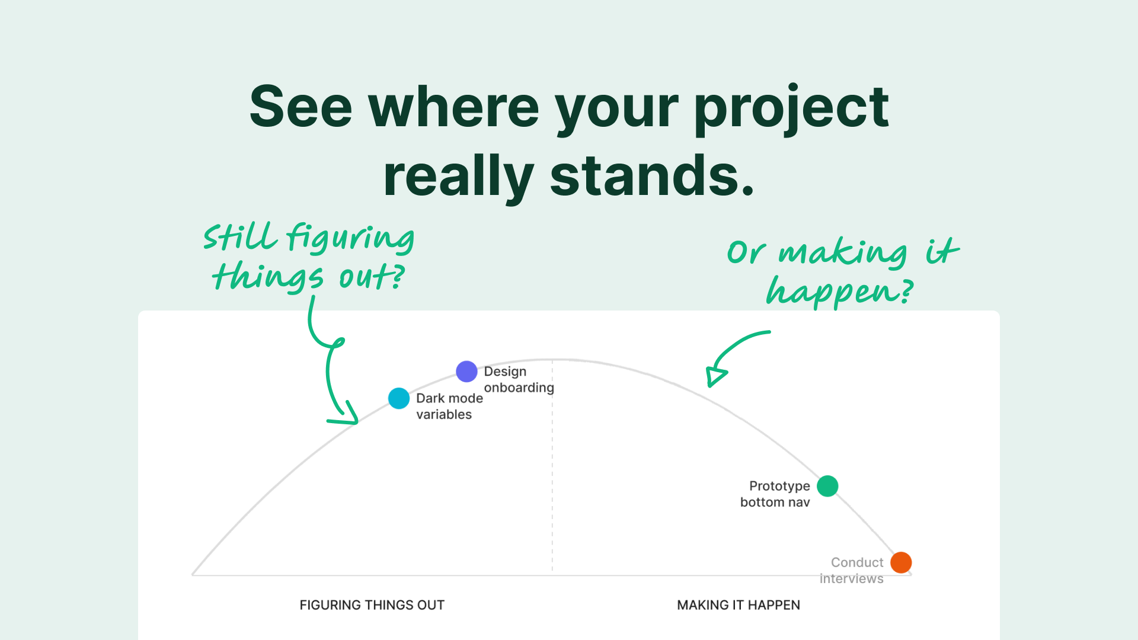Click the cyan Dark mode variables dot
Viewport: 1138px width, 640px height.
coord(399,398)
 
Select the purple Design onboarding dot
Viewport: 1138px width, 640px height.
coord(466,372)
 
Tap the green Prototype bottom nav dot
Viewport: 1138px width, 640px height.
coord(827,486)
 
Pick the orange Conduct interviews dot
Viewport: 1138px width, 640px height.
coord(901,562)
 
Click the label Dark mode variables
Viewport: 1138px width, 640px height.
coord(449,407)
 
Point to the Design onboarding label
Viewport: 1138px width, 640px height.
coord(519,379)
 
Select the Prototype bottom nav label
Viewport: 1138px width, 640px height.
coord(775,494)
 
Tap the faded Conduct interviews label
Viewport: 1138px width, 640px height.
coord(851,571)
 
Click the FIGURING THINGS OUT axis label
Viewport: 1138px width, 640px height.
coord(372,605)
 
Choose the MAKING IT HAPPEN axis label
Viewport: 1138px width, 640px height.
coord(739,605)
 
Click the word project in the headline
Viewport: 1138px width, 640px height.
coord(791,109)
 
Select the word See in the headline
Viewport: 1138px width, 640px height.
coord(301,107)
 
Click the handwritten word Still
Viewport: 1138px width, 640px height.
coord(240,237)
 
